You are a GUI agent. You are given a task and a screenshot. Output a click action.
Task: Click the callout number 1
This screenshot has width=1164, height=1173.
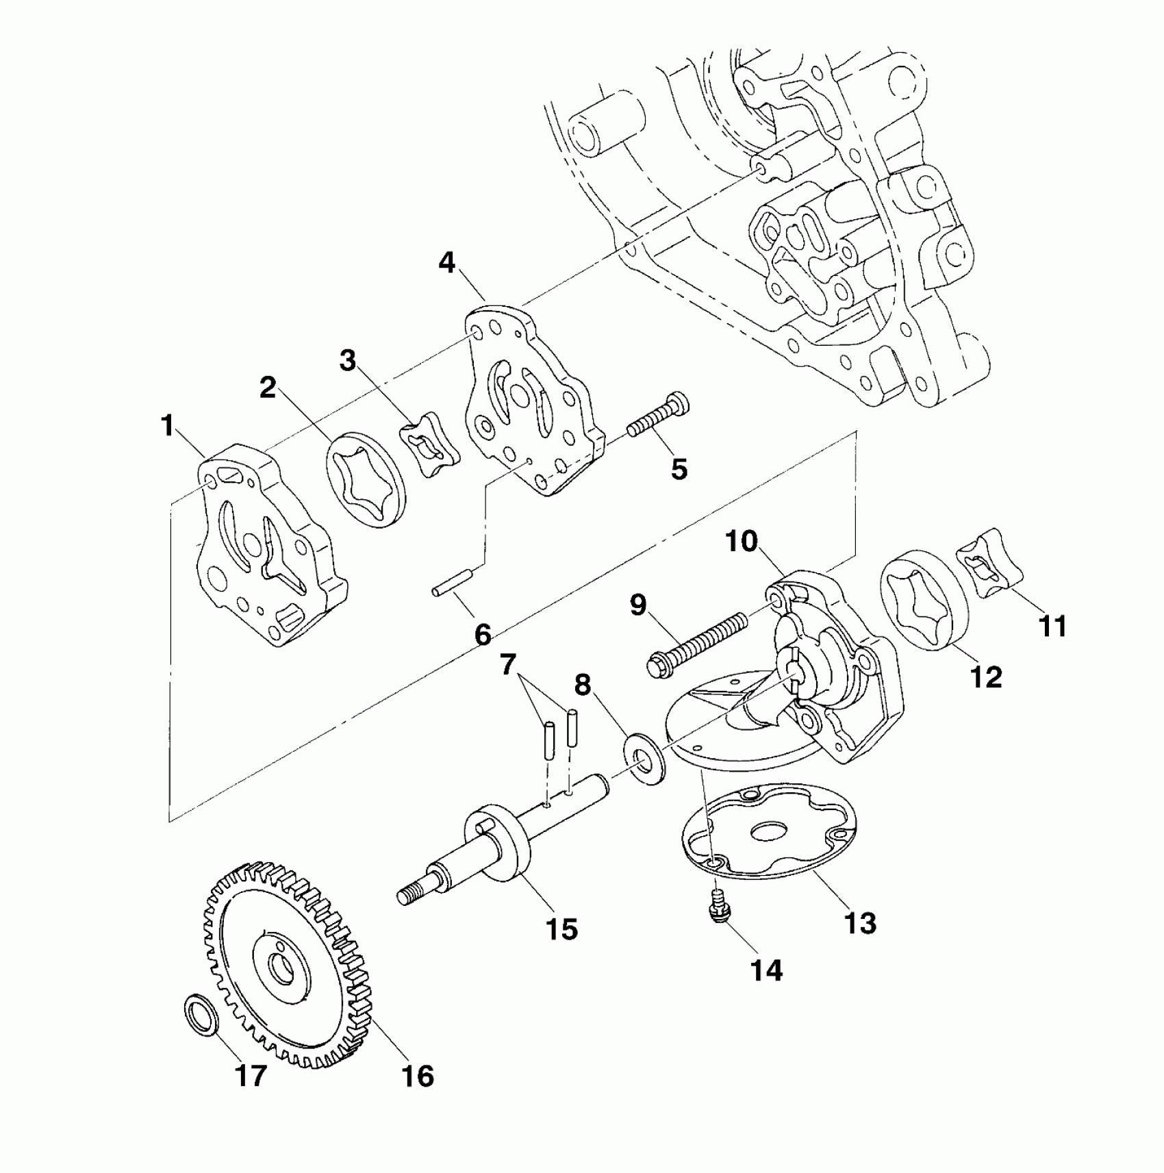[167, 426]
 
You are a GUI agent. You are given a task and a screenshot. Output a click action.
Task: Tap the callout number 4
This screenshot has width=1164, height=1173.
[447, 262]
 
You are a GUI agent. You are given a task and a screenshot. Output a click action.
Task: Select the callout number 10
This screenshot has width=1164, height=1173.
[742, 542]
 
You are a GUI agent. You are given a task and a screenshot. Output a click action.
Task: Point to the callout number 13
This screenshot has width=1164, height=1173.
[860, 923]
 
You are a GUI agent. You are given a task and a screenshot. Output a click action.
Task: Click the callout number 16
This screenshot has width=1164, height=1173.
[418, 1076]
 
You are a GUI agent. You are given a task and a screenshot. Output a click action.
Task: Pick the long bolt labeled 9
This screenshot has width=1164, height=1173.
[698, 640]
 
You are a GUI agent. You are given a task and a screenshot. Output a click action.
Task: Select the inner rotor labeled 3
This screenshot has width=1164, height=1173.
[429, 444]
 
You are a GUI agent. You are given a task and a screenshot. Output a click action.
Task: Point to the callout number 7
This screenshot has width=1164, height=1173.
[507, 664]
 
